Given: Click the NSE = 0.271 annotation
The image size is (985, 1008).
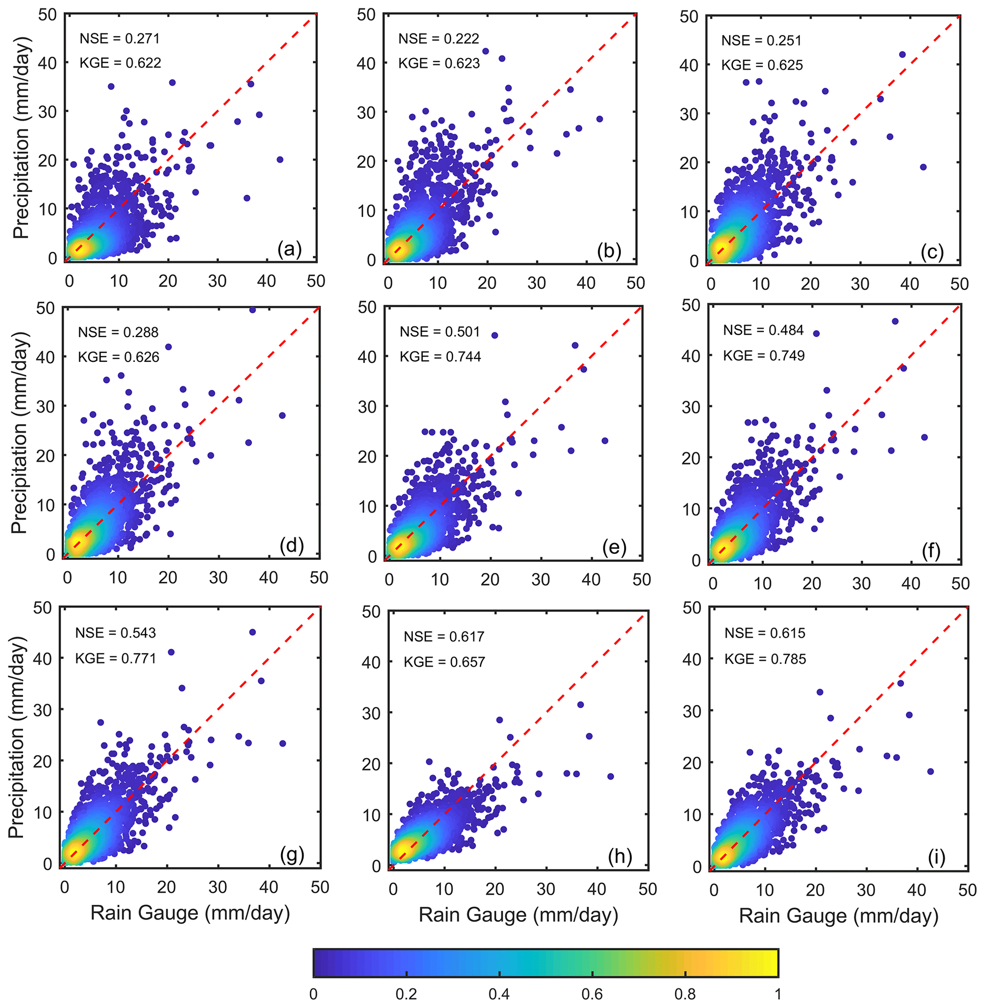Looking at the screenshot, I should coord(120,39).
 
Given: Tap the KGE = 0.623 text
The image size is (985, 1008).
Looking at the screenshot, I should coord(439,64).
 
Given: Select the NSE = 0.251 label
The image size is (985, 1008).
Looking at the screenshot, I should coord(762,40).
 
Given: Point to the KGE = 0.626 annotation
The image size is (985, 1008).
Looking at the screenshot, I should coord(119,357).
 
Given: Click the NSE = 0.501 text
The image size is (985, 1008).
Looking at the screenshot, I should coord(440,332).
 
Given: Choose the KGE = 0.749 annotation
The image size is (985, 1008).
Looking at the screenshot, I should coord(763,356).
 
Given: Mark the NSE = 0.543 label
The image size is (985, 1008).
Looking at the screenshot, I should coord(115,633).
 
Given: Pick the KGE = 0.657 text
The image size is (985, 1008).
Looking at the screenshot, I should coord(445,662).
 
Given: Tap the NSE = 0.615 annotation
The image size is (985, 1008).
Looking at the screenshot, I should coord(765,633).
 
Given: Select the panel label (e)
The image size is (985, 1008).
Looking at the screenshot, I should coord(614,547).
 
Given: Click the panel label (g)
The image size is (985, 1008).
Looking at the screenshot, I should coord(292,855).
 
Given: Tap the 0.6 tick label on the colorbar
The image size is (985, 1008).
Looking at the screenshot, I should coord(592,994).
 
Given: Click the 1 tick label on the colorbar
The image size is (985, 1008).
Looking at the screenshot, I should coord(778,994).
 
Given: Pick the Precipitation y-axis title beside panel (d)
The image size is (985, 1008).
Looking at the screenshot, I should coord(20,433).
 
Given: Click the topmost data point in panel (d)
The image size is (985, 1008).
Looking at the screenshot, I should coord(253,309).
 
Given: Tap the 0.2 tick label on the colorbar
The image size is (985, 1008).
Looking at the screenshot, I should coord(406,994).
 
